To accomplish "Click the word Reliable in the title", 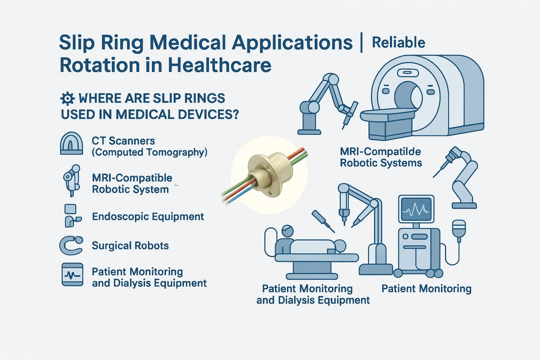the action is [x=398, y=43].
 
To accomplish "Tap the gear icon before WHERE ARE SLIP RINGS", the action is [x=67, y=99].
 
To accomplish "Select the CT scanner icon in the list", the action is [x=71, y=143].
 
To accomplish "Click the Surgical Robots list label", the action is [x=130, y=246].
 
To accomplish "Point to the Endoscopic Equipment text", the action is [x=148, y=217].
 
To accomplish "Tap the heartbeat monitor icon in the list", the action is [x=72, y=275].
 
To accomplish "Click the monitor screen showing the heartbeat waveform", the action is [x=416, y=209].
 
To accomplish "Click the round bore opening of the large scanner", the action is [x=408, y=96].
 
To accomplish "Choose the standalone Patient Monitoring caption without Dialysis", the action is [x=426, y=289].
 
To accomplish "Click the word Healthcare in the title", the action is [x=220, y=65].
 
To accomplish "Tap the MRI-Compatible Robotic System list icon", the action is [x=71, y=181].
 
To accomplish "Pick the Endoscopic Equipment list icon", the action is [x=72, y=216].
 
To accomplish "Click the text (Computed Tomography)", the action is [x=149, y=152].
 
